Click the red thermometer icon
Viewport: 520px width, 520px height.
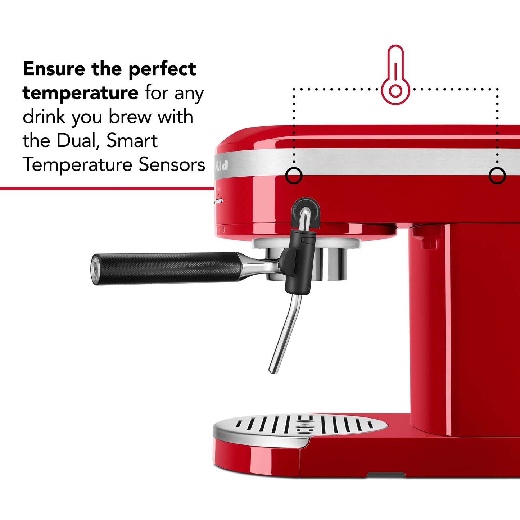click(x=395, y=76)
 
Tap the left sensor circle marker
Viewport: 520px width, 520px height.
click(x=294, y=176)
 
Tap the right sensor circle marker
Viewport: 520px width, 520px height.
click(x=497, y=176)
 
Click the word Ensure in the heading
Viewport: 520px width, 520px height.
click(x=54, y=69)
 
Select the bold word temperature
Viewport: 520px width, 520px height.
click(x=80, y=93)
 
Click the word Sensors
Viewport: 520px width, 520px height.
click(x=172, y=164)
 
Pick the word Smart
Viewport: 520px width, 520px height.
click(x=132, y=141)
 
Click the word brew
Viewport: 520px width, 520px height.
click(x=130, y=117)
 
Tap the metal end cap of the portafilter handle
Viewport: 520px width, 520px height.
click(x=95, y=269)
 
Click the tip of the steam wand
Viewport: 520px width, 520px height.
click(x=272, y=371)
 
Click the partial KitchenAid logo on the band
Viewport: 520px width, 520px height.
click(x=221, y=166)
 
